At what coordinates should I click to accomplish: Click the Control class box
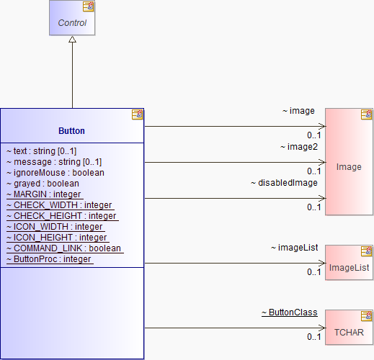pos(72,18)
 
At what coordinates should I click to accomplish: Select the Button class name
pos(71,131)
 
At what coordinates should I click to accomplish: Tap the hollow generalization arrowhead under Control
pos(72,40)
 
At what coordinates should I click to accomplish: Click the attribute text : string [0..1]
pos(41,151)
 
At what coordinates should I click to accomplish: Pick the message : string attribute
pos(54,162)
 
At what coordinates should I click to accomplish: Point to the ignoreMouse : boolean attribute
pos(55,173)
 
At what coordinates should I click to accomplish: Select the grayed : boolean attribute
pos(43,184)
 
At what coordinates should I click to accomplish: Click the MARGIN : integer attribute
pos(45,194)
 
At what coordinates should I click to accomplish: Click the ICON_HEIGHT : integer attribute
pos(58,238)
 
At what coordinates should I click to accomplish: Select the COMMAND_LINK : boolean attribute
pos(65,248)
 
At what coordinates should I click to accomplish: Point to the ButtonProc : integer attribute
pos(50,259)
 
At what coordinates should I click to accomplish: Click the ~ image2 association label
pos(299,147)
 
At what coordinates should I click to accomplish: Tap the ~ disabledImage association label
pos(284,183)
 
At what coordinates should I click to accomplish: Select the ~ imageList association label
pos(295,248)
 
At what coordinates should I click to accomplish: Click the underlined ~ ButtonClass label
pos(290,312)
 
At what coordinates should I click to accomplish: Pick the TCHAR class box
pos(349,328)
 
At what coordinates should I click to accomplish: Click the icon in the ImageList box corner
pos(366,251)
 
